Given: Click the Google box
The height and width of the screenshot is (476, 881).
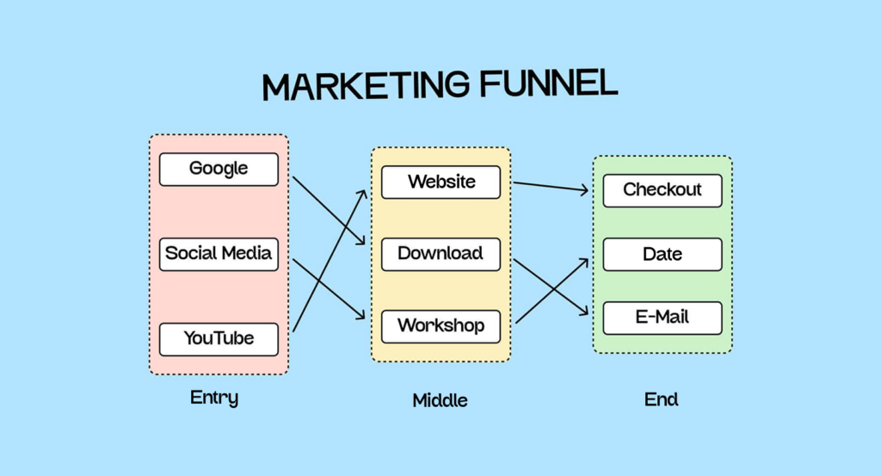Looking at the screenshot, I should (219, 169).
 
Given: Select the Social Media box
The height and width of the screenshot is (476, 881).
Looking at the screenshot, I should (219, 254).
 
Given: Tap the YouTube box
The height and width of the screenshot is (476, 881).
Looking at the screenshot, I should (219, 339).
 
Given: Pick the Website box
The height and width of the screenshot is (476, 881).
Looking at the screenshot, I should (440, 182).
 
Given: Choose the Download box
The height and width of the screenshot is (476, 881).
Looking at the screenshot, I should (440, 254).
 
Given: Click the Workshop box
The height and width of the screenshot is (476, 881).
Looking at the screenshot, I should (440, 326).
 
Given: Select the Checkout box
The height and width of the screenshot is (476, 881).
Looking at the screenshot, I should (662, 190).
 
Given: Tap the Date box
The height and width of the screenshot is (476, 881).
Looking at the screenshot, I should (662, 255).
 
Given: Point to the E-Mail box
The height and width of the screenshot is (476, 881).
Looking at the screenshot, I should (662, 318).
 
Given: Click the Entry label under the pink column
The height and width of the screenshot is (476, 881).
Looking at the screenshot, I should (214, 398).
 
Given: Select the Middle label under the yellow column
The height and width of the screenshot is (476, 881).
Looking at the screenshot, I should (440, 400).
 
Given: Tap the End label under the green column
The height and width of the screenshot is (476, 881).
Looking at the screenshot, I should (662, 399).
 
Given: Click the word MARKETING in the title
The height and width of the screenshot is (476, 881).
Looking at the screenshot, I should (366, 86).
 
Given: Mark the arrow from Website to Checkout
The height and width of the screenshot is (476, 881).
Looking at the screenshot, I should (551, 187).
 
